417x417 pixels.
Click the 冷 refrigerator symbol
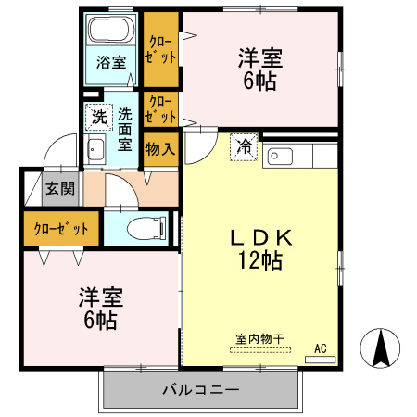tap(245, 147)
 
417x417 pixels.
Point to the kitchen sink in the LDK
tap(280, 155)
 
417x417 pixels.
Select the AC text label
tap(321, 348)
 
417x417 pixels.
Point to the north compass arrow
tap(383, 348)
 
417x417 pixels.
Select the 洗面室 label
tap(126, 131)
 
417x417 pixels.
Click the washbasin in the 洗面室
tap(95, 151)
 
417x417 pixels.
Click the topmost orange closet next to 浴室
tap(160, 48)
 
